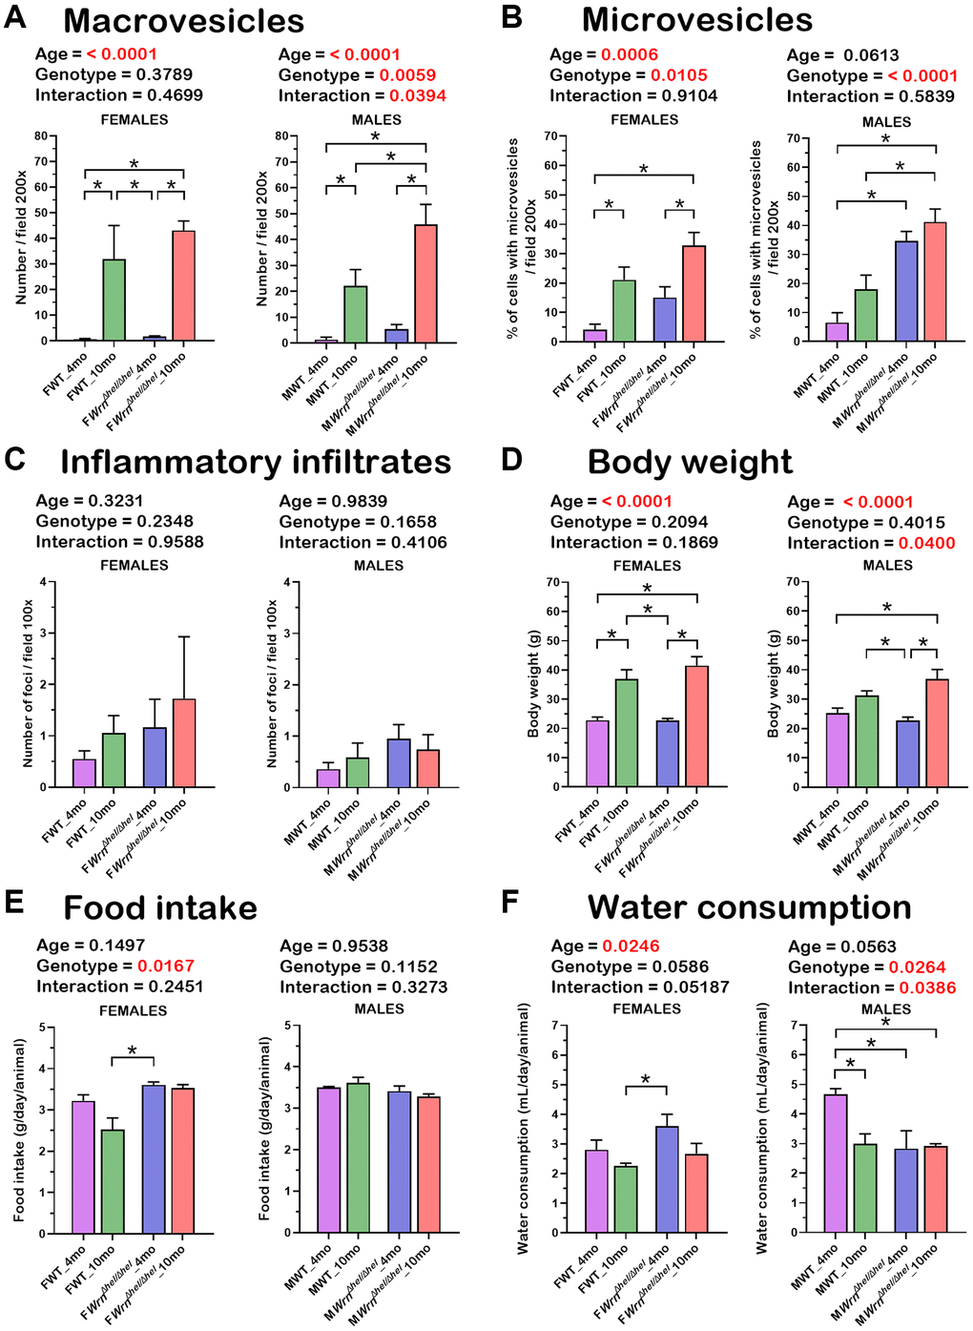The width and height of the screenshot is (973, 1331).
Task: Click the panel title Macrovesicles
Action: (183, 21)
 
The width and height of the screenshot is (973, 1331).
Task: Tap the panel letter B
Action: (511, 17)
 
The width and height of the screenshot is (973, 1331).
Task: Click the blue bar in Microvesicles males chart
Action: (906, 291)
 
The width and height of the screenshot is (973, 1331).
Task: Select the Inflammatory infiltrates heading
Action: (256, 462)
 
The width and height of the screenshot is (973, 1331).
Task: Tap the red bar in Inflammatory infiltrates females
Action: (184, 743)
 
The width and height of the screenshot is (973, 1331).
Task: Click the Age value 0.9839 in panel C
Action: (360, 501)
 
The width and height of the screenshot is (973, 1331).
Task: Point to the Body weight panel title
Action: (690, 462)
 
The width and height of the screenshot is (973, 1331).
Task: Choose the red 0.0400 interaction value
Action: (926, 543)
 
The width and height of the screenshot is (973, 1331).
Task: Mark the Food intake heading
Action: (160, 907)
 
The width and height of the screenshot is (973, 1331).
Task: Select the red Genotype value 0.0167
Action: (165, 966)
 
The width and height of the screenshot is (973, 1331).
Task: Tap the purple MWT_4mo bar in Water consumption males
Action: (836, 1163)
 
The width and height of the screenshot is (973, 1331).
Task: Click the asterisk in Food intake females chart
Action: (133, 1050)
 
